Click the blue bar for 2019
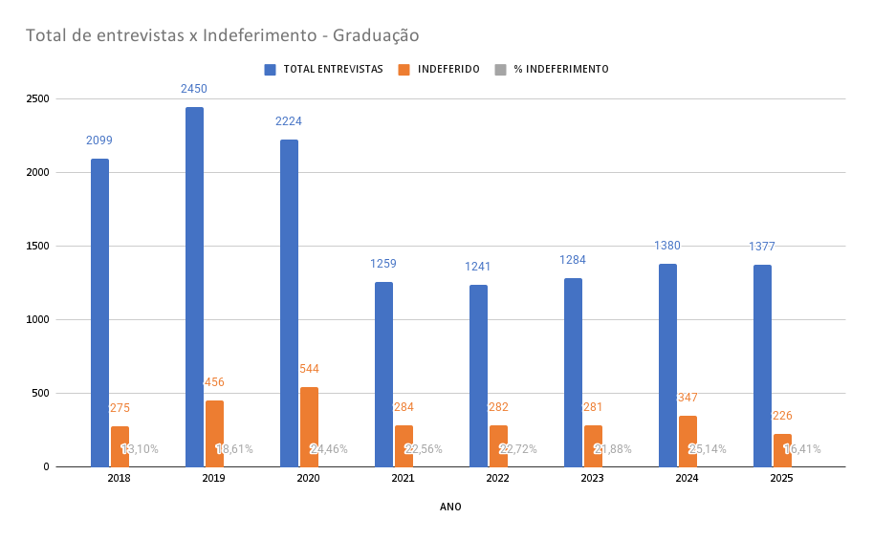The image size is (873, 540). coord(194,287)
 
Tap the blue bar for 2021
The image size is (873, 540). coord(383,374)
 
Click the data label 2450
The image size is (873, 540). coord(194,89)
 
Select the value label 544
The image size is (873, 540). coord(309,369)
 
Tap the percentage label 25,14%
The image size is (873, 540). coord(708,449)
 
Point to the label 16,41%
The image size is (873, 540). coord(802,449)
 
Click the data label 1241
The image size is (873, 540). coord(478,267)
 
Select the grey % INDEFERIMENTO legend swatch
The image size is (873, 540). coord(500,69)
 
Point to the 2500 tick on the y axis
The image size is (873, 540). coord(38,99)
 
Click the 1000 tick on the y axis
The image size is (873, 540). coord(38,320)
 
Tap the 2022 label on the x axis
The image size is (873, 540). coord(497,478)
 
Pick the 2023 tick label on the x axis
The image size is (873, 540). coord(592,478)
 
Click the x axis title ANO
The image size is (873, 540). coord(450,508)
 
